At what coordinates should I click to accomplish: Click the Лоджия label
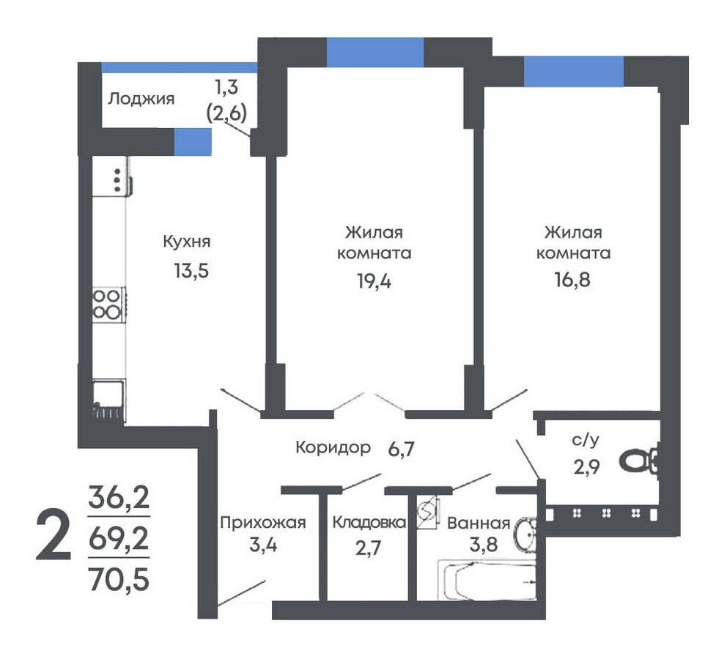[x=141, y=99]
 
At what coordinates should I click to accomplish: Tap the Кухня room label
[x=187, y=242]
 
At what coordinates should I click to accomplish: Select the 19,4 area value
[x=374, y=280]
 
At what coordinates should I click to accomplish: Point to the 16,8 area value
[x=572, y=279]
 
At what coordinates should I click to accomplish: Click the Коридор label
[x=333, y=447]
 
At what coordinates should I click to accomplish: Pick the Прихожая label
[x=263, y=522]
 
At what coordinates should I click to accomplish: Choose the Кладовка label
[x=369, y=522]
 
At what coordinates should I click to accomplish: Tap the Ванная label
[x=479, y=524]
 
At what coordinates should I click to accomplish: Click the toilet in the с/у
[x=641, y=461]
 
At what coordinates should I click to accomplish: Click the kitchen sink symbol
[x=108, y=399]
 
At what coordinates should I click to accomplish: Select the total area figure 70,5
[x=119, y=579]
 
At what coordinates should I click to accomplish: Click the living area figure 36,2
[x=119, y=497]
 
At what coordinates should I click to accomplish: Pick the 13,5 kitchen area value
[x=191, y=270]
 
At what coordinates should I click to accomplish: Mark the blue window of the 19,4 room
[x=375, y=52]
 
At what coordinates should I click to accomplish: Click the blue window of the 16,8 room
[x=574, y=71]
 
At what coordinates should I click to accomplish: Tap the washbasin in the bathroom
[x=525, y=534]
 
